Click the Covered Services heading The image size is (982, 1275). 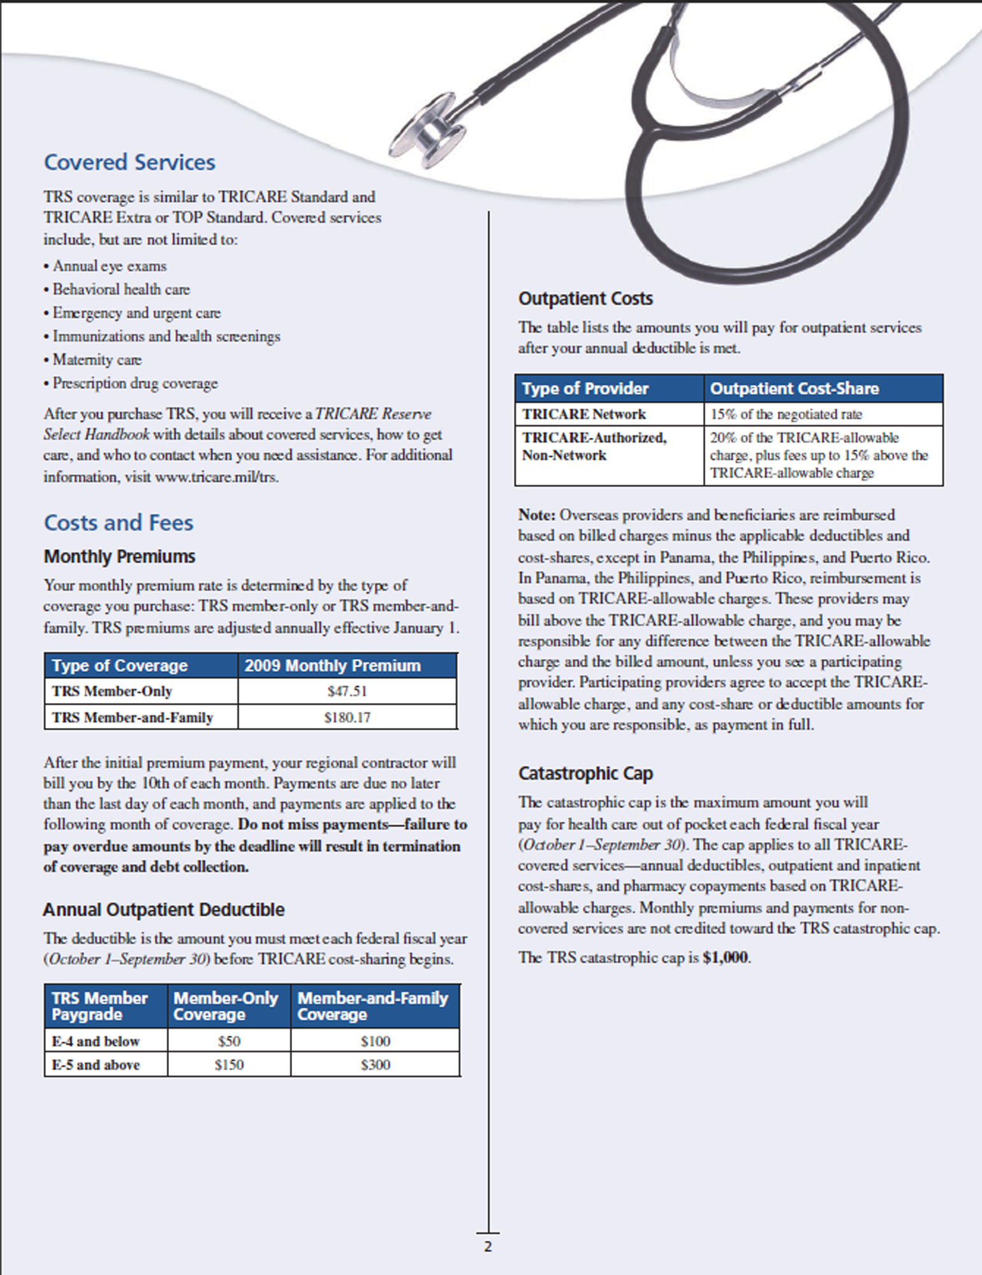pos(129,163)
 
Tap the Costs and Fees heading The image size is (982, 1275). pos(119,523)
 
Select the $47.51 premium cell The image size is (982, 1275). pos(347,691)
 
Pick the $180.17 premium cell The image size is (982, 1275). pos(347,717)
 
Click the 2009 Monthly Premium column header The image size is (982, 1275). pos(333,666)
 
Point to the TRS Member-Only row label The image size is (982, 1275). pos(112,691)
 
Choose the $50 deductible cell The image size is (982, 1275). pos(229,1041)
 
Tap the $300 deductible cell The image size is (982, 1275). pos(375,1065)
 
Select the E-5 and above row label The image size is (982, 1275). pos(96,1065)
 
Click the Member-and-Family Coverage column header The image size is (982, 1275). pos(373,1006)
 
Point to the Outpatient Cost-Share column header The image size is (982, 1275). pos(795,388)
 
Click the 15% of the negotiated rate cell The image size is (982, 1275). pos(786,414)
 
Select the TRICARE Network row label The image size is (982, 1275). pos(584,414)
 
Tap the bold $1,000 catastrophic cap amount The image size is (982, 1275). pos(726,958)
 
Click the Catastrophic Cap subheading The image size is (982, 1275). pos(585,773)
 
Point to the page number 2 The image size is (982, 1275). pos(488,1247)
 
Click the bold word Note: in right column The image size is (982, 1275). pos(537,514)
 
